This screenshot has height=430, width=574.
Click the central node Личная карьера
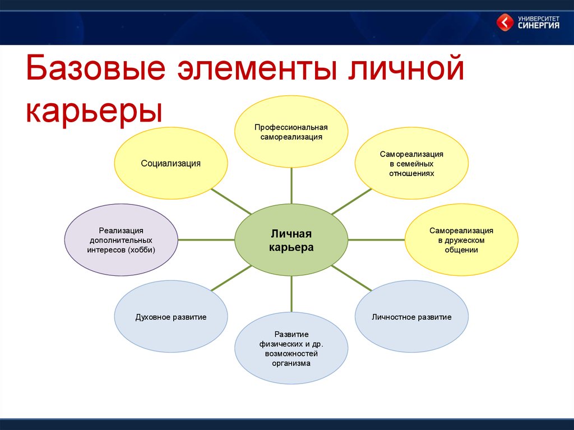(x=291, y=240)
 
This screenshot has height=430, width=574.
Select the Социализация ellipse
(x=171, y=163)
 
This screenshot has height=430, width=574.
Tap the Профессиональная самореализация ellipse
(x=291, y=132)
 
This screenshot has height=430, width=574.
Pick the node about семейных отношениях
(x=411, y=163)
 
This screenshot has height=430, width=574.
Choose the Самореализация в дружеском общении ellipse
(x=461, y=240)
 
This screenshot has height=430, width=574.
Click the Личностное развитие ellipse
(x=411, y=316)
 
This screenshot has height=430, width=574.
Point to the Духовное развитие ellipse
(x=171, y=316)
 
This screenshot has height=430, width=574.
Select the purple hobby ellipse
(x=121, y=240)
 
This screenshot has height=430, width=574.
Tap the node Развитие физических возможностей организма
(x=291, y=348)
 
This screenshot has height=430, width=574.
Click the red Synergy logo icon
(x=505, y=22)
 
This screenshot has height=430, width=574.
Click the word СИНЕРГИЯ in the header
(x=539, y=25)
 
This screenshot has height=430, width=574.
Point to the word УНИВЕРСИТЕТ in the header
(x=539, y=18)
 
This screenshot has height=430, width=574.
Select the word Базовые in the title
(x=96, y=68)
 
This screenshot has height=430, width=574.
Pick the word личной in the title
(x=406, y=68)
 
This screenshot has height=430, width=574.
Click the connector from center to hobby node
(x=206, y=240)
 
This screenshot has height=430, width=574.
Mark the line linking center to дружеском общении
(x=376, y=240)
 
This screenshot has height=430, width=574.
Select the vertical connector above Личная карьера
(x=291, y=186)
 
